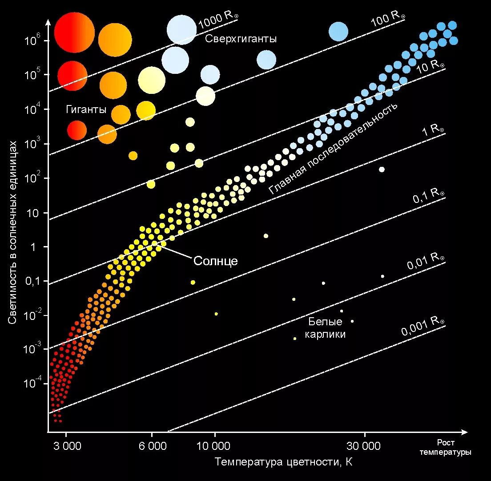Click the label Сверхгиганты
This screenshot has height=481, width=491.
(x=241, y=39)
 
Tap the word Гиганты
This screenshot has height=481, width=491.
(x=86, y=109)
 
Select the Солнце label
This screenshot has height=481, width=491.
(x=215, y=261)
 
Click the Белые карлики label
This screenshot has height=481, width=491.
(x=325, y=328)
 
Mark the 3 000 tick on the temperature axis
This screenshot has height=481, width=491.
(x=68, y=446)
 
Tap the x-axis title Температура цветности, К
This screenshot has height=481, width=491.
(x=284, y=462)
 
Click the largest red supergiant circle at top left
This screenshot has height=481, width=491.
(x=74, y=32)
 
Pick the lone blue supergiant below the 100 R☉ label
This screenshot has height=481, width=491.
(x=338, y=32)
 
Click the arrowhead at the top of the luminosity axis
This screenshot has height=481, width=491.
(x=48, y=21)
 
